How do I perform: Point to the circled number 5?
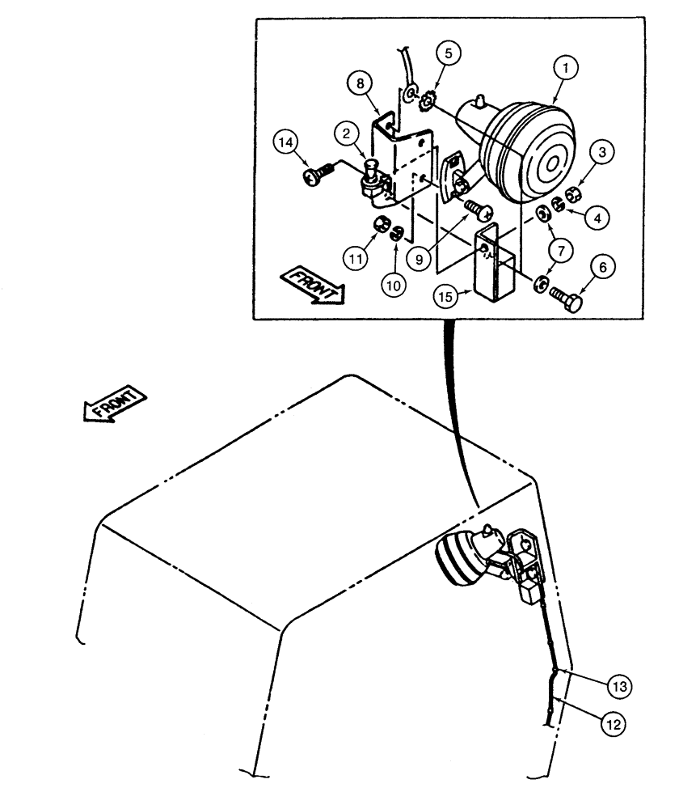(451, 55)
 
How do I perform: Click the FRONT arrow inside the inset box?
(312, 287)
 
